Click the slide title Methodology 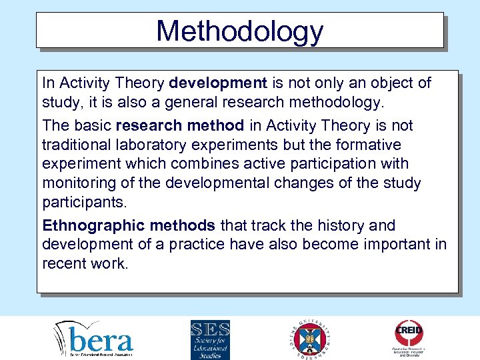(x=239, y=31)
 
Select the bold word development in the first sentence (x=218, y=83)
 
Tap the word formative (x=371, y=145)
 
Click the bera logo (x=93, y=339)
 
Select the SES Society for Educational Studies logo (x=210, y=339)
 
